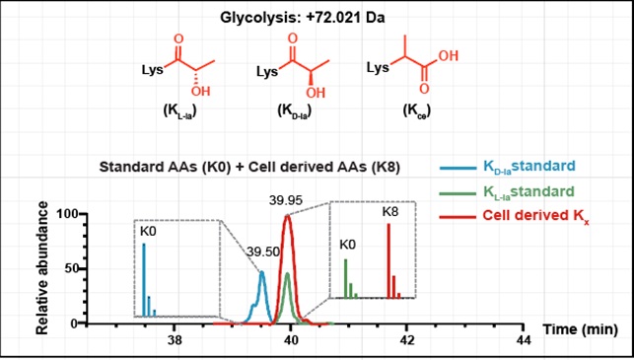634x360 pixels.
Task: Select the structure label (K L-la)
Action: (177, 112)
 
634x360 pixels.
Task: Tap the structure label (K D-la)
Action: (291, 112)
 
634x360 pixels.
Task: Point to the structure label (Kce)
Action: (416, 112)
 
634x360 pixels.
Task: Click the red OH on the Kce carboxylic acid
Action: (449, 56)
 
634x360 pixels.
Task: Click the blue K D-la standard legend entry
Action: (507, 167)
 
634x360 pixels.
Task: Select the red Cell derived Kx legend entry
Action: (513, 217)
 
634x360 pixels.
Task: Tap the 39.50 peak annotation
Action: (263, 252)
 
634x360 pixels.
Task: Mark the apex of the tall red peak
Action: (287, 216)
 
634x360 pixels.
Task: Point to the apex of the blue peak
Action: (262, 272)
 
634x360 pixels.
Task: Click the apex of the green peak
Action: (288, 274)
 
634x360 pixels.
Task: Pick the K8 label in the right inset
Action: (391, 211)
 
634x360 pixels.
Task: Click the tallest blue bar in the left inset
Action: (144, 279)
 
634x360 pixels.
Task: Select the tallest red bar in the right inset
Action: (388, 261)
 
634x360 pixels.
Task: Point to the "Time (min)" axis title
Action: (580, 329)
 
